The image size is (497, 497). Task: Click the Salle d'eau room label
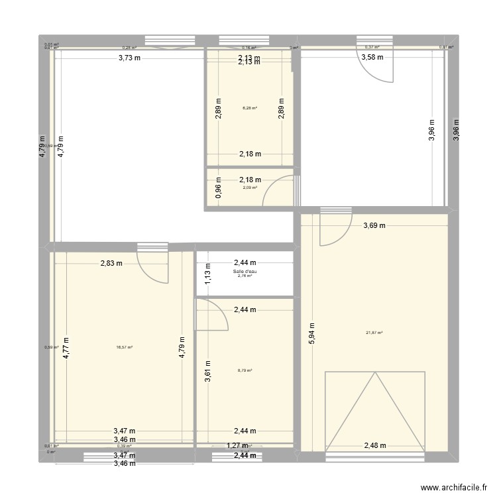click(x=245, y=271)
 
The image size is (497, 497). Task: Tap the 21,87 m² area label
click(x=374, y=333)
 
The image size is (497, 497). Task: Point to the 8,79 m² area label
click(x=245, y=370)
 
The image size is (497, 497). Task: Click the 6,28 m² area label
click(x=249, y=108)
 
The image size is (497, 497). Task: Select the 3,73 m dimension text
click(x=130, y=58)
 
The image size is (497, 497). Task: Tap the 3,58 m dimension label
click(x=372, y=58)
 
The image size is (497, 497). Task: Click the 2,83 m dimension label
click(x=111, y=263)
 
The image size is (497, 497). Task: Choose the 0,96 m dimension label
click(x=219, y=192)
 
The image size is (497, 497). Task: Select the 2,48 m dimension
click(x=375, y=446)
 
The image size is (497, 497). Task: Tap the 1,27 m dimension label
click(x=239, y=446)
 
